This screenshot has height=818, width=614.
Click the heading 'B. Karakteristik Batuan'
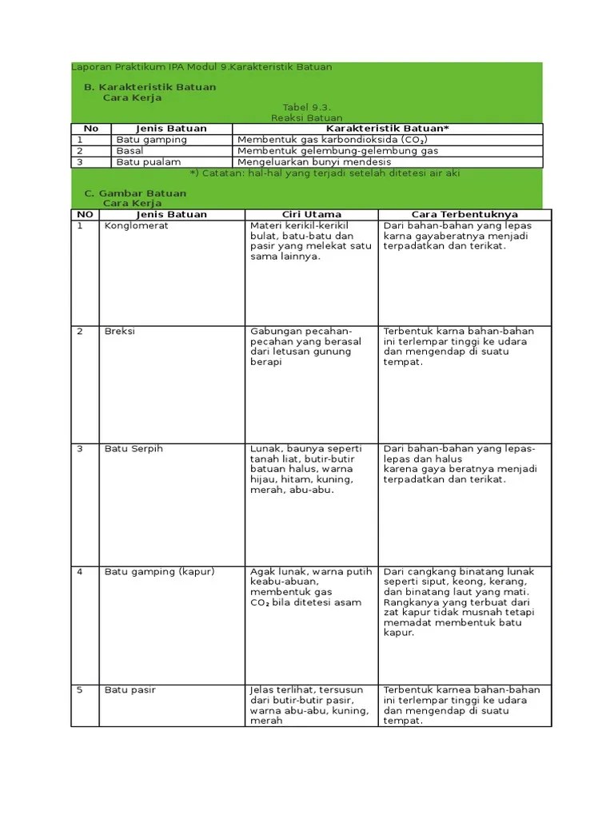(150, 87)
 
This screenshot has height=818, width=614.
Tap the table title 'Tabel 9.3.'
(307, 107)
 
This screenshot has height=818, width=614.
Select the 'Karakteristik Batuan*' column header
(388, 129)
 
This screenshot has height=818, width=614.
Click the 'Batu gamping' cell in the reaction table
(151, 140)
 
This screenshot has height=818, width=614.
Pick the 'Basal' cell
(130, 151)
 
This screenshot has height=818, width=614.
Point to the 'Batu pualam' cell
(149, 162)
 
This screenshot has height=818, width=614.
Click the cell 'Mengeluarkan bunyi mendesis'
(314, 162)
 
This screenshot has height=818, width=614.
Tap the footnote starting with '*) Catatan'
(325, 173)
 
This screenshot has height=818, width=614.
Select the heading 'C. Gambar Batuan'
(135, 193)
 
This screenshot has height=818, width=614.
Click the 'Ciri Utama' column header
(312, 215)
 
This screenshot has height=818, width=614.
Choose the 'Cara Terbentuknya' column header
(464, 215)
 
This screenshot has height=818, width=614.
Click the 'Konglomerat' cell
(137, 226)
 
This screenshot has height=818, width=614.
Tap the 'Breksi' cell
(120, 332)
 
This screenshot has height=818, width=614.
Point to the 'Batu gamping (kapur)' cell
(160, 572)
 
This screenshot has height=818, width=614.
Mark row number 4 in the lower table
(80, 572)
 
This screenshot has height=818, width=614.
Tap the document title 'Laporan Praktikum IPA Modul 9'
(201, 67)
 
